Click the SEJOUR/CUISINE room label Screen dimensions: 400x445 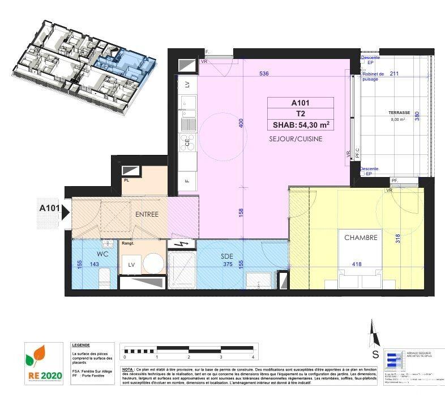pos(288,138)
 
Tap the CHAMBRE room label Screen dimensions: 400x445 pos(361,238)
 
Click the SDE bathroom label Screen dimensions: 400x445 pos(227,256)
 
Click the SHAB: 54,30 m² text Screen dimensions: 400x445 pos(299,125)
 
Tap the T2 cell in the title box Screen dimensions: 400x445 pos(299,114)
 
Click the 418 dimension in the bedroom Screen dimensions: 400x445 pos(357,264)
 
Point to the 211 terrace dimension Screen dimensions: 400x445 pos(394,73)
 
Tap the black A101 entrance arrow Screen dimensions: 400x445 pos(66,213)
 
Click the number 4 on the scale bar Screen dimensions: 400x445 pos(253,357)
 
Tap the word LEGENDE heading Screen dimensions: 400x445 pos(82,345)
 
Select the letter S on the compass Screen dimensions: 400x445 pos(375,355)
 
